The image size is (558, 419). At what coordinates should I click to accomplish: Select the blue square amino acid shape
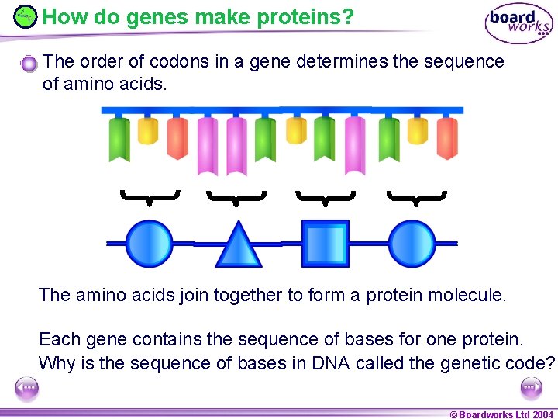tap(325, 244)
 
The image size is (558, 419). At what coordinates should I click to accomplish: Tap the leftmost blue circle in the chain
tap(148, 243)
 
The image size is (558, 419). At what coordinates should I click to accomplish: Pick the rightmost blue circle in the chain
tap(412, 243)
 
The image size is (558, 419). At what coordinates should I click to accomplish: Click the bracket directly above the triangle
tap(236, 197)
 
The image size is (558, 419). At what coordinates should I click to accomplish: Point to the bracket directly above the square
tap(325, 197)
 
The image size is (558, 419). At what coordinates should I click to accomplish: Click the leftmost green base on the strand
tap(119, 139)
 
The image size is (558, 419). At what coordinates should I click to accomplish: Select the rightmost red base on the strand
tap(447, 138)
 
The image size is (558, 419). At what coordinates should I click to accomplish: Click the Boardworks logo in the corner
tap(518, 23)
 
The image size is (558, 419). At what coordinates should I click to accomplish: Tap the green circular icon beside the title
tap(26, 16)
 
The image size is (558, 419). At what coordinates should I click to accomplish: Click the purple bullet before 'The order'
tap(29, 64)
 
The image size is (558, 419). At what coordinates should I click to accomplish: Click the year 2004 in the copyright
tap(542, 414)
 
